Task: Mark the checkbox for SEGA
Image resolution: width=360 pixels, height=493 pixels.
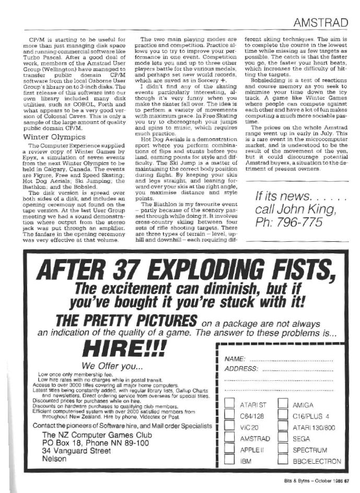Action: [283, 439]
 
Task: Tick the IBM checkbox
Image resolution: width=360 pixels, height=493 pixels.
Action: [228, 461]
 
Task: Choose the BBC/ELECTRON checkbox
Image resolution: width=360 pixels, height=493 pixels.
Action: [283, 461]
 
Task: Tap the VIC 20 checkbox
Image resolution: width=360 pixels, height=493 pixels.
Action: [228, 427]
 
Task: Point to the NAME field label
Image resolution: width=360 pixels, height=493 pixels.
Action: [235, 360]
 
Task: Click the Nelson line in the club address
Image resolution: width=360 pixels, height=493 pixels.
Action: [54, 459]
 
